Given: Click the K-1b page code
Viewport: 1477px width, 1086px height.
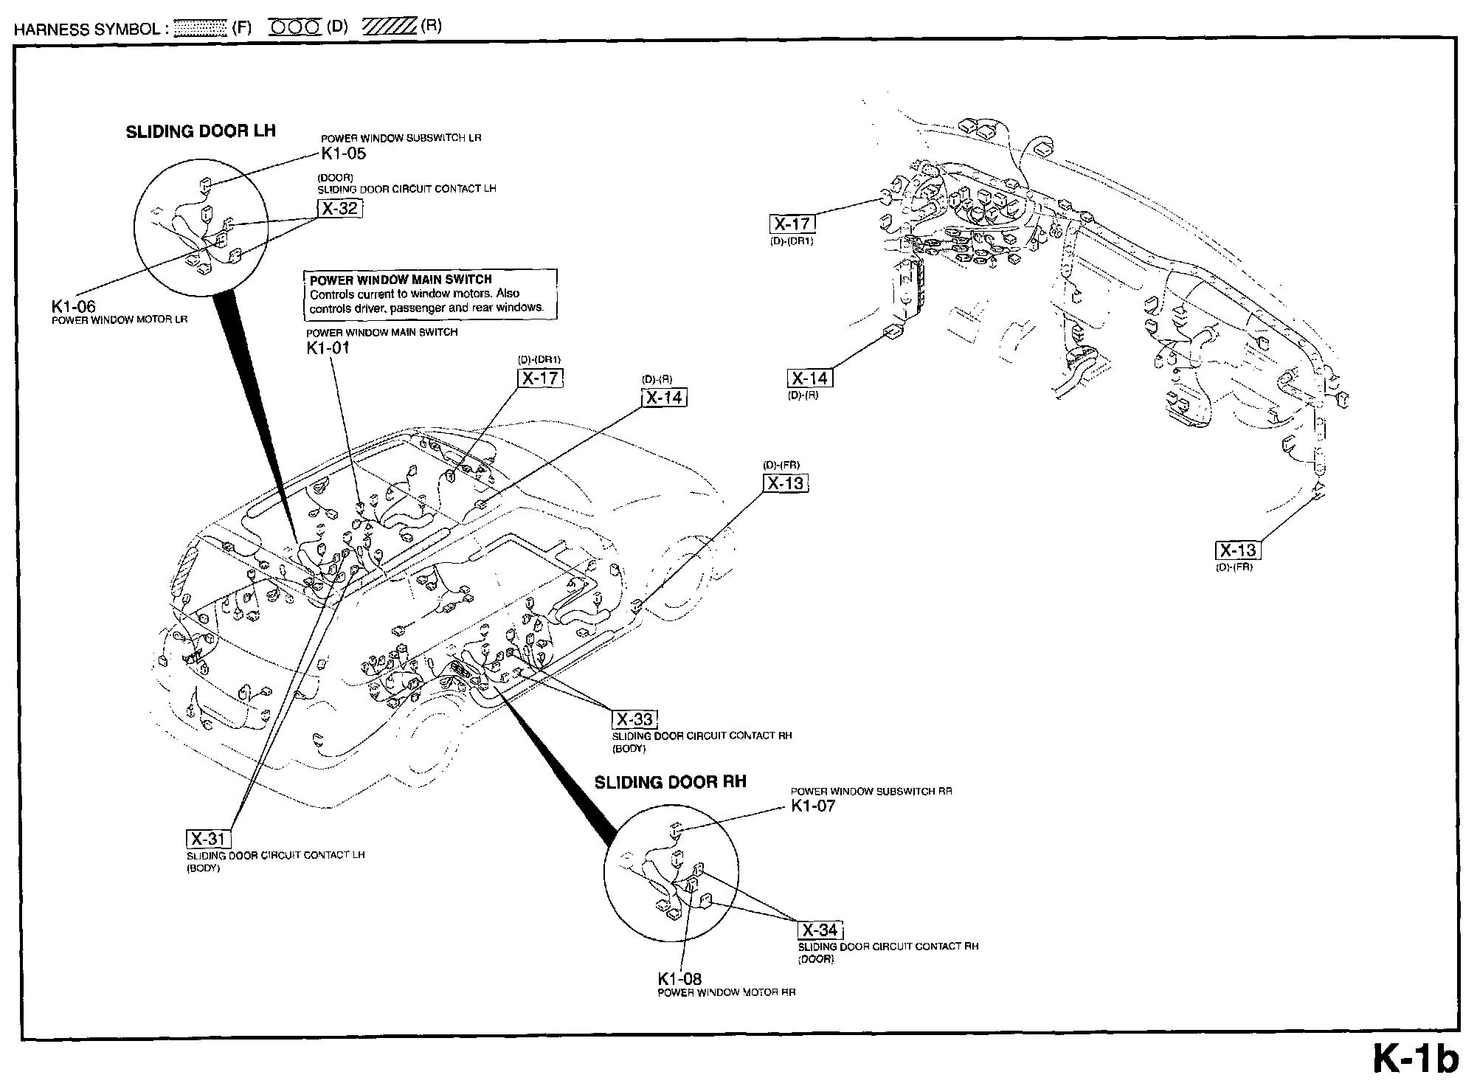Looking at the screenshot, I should coord(1415,1059).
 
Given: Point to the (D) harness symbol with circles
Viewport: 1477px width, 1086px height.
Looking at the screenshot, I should coord(295,27).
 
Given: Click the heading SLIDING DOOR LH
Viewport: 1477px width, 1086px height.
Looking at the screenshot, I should coord(201,131).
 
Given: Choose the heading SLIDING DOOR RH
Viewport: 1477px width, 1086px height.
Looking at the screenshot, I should coord(670,782).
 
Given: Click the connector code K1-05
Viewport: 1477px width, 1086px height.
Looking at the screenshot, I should coord(343,153).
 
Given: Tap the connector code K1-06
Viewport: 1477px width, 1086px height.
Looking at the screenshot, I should coord(73,307).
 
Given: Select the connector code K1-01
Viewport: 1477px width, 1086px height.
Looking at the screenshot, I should coord(328,347).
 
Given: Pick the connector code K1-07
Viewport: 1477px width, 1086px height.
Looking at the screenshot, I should coord(813,806).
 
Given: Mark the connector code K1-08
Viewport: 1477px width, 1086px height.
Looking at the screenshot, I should coord(679,979).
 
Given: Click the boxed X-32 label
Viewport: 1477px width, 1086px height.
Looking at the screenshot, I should coord(340,209).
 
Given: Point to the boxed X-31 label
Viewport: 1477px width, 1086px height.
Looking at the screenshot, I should coord(209,839).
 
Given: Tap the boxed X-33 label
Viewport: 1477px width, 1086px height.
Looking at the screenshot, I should coord(634,719).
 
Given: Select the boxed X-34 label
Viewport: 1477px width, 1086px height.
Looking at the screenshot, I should coord(820,930).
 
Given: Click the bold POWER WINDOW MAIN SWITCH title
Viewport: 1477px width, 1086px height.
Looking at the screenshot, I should coord(401,280).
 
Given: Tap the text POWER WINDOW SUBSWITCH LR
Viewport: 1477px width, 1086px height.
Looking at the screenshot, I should coord(401,139).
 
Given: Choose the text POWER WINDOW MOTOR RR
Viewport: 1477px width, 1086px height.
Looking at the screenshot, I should coord(726,992).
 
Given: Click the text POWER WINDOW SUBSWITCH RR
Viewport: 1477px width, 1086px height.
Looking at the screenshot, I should coord(871,792).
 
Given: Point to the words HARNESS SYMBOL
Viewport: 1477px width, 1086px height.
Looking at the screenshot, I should coord(87,29).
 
